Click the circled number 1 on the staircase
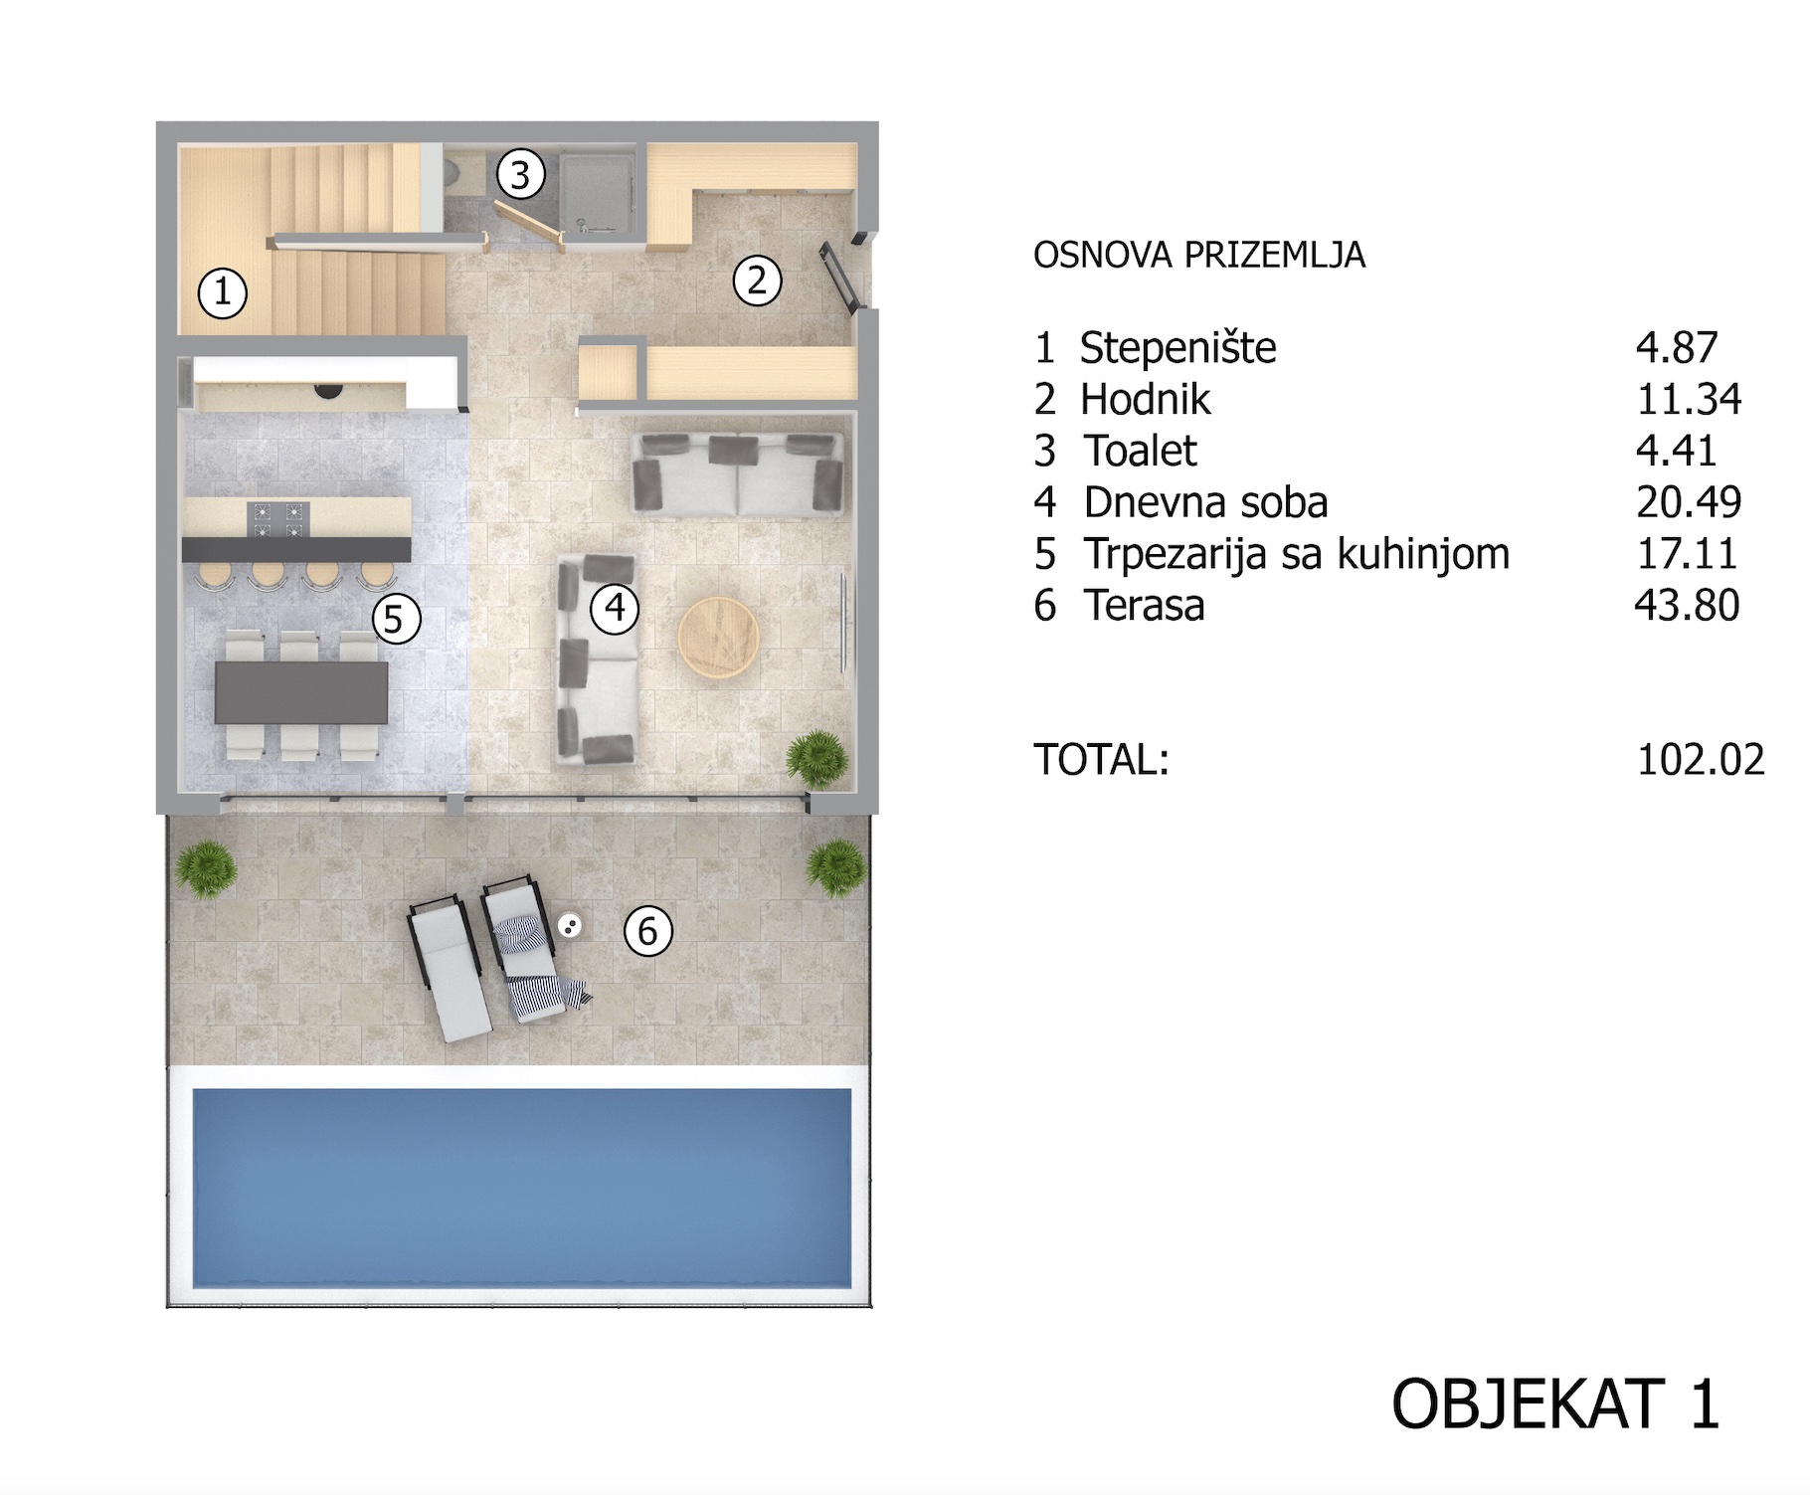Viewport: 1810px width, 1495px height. pyautogui.click(x=223, y=292)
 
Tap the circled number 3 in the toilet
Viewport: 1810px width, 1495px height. pyautogui.click(x=520, y=175)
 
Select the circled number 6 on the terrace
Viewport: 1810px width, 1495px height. pyautogui.click(x=648, y=931)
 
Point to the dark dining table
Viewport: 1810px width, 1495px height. pyautogui.click(x=301, y=692)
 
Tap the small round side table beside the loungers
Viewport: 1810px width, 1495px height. pyautogui.click(x=569, y=927)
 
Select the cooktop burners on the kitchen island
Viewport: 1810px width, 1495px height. pyautogui.click(x=278, y=519)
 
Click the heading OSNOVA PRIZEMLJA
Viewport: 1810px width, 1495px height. pyautogui.click(x=1199, y=256)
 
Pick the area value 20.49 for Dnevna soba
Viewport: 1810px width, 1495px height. pyautogui.click(x=1689, y=502)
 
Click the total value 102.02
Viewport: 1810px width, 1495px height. pyautogui.click(x=1701, y=760)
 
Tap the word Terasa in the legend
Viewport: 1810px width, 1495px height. pyautogui.click(x=1145, y=605)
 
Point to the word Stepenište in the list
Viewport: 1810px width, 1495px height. pyautogui.click(x=1178, y=348)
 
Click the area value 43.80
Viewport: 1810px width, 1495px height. pyautogui.click(x=1688, y=605)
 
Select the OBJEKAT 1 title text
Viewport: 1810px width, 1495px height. pyautogui.click(x=1555, y=1404)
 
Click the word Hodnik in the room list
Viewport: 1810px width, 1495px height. pyautogui.click(x=1146, y=400)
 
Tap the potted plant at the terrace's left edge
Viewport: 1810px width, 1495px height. pyautogui.click(x=207, y=869)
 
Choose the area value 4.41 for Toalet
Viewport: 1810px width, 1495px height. pyautogui.click(x=1677, y=451)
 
